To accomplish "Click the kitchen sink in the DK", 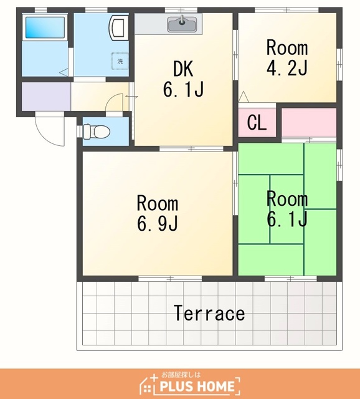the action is pyautogui.click(x=182, y=24).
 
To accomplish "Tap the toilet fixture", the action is pyautogui.click(x=97, y=132).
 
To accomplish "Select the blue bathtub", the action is pyautogui.click(x=45, y=27).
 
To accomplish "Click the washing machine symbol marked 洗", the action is pyautogui.click(x=120, y=61).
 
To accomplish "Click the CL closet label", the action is pyautogui.click(x=257, y=123).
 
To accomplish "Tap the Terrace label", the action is pyautogui.click(x=209, y=313).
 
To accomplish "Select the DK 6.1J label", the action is pyautogui.click(x=183, y=79).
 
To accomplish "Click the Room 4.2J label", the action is pyautogui.click(x=287, y=58).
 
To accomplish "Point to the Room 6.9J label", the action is pyautogui.click(x=158, y=213).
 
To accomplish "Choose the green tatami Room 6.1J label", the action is pyautogui.click(x=287, y=209).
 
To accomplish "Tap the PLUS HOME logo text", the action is pyautogui.click(x=197, y=387).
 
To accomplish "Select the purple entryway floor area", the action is pyautogui.click(x=46, y=97).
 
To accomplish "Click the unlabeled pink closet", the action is pyautogui.click(x=309, y=122).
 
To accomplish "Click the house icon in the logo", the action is pyautogui.click(x=148, y=384).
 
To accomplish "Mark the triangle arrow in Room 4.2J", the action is pyautogui.click(x=244, y=97).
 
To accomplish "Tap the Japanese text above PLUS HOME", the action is pyautogui.click(x=181, y=375).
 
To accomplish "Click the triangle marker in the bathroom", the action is pyautogui.click(x=64, y=72).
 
